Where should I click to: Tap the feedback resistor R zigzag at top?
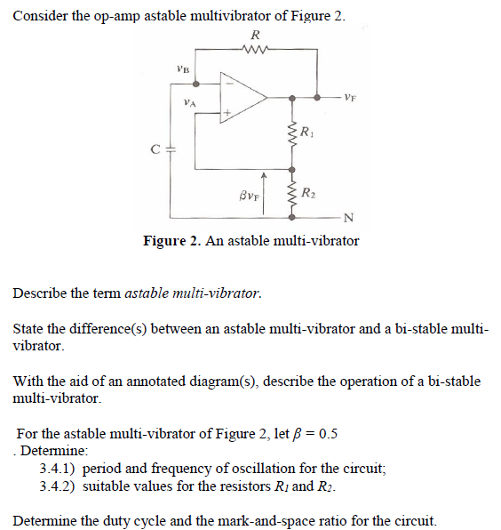pyautogui.click(x=255, y=51)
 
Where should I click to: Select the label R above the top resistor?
pyautogui.click(x=256, y=35)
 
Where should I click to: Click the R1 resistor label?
pyautogui.click(x=306, y=134)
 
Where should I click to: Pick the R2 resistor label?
pyautogui.click(x=306, y=192)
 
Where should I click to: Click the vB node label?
pyautogui.click(x=183, y=68)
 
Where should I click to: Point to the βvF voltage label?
pyautogui.click(x=249, y=191)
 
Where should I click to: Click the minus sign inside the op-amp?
pyautogui.click(x=228, y=80)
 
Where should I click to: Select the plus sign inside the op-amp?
pyautogui.click(x=228, y=112)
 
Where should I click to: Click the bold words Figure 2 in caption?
pyautogui.click(x=172, y=241)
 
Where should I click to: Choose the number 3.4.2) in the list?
pyautogui.click(x=59, y=486)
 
